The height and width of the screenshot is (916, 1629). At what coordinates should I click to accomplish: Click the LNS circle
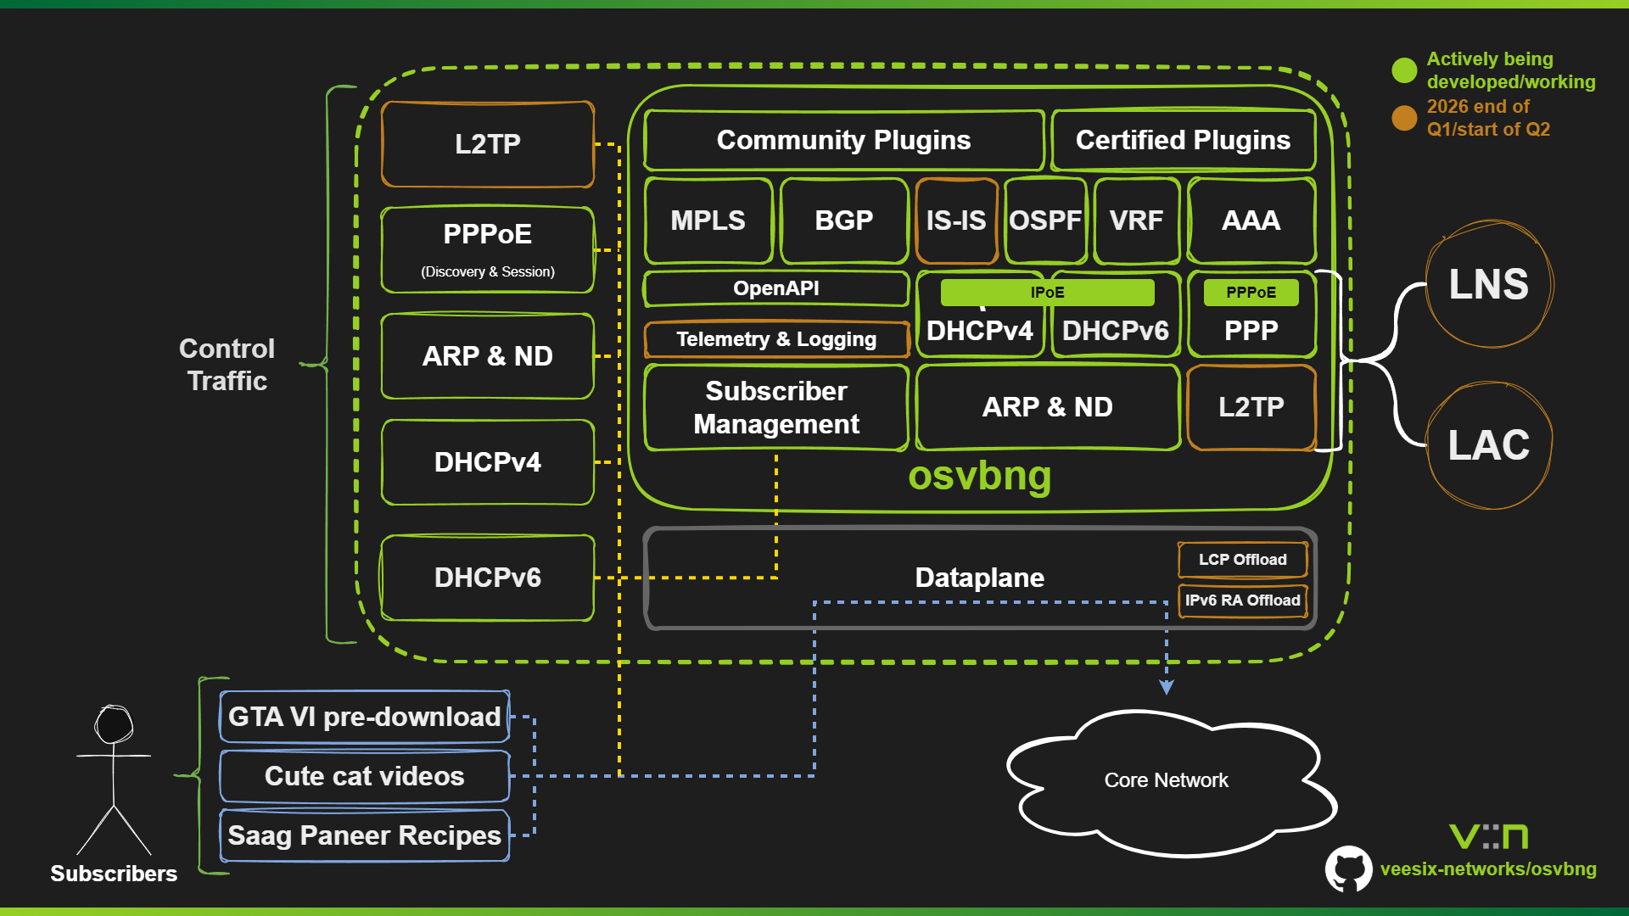[1489, 284]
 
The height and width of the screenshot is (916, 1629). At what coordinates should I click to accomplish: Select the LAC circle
[1489, 445]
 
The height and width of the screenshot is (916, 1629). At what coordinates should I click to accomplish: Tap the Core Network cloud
[1166, 780]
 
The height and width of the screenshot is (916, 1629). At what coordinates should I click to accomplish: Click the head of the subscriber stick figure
[114, 724]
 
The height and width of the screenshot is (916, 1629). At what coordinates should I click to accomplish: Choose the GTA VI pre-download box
[364, 717]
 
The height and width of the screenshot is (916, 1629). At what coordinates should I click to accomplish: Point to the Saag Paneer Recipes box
[364, 835]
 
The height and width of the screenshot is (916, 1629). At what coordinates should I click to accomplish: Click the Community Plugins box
[843, 140]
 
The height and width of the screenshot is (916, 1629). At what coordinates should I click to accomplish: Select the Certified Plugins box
[1183, 140]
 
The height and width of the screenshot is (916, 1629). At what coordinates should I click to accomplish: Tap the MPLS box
[708, 221]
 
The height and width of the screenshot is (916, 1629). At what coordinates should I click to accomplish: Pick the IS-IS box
[956, 221]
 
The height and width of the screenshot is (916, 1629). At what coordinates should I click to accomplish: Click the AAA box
[1251, 221]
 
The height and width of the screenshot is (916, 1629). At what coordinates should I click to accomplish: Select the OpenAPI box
[775, 288]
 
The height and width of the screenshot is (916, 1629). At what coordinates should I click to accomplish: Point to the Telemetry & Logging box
[775, 339]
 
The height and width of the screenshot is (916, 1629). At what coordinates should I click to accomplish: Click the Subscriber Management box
[775, 407]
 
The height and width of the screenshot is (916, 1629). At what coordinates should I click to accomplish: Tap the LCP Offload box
[1242, 560]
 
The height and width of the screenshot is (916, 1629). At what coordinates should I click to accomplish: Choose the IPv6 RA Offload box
[1242, 600]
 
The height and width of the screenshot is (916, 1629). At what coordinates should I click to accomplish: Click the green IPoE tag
[1047, 293]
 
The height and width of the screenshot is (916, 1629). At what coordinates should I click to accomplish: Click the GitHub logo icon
[1348, 869]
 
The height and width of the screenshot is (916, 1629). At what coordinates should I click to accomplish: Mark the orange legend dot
[1404, 118]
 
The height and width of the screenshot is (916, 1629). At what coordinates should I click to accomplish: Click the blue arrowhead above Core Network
[1167, 687]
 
